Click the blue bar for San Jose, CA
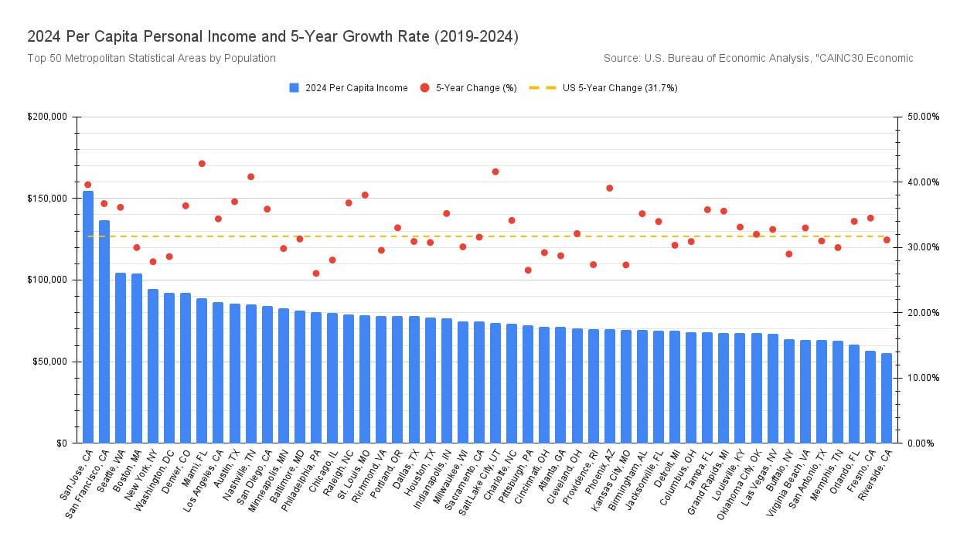click(88, 317)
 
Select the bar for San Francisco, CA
click(104, 332)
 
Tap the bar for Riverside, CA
click(887, 398)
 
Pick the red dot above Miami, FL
click(202, 163)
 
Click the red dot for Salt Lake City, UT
click(495, 172)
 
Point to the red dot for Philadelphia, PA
click(316, 273)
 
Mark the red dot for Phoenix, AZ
click(609, 188)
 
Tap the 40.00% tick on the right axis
click(922, 182)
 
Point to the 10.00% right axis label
click(922, 378)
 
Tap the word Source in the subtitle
click(621, 58)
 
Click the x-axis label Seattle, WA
click(110, 472)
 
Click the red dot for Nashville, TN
click(250, 176)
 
